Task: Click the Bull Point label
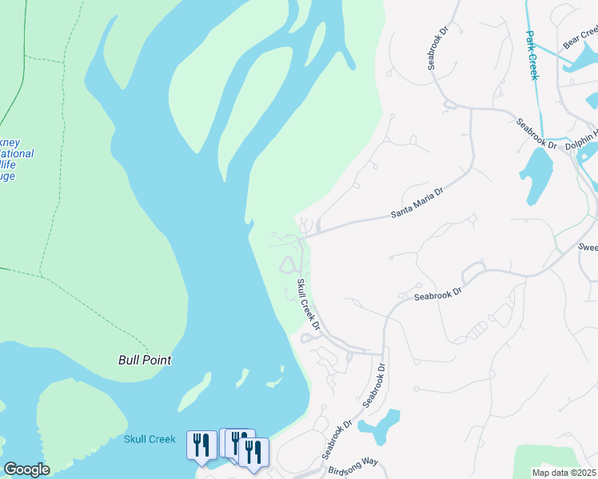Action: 145,360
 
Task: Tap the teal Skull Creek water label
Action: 149,439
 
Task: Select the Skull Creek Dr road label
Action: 309,305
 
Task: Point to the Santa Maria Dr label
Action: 417,203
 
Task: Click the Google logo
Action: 26,469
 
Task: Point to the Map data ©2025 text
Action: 564,473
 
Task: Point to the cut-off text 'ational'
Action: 17,154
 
